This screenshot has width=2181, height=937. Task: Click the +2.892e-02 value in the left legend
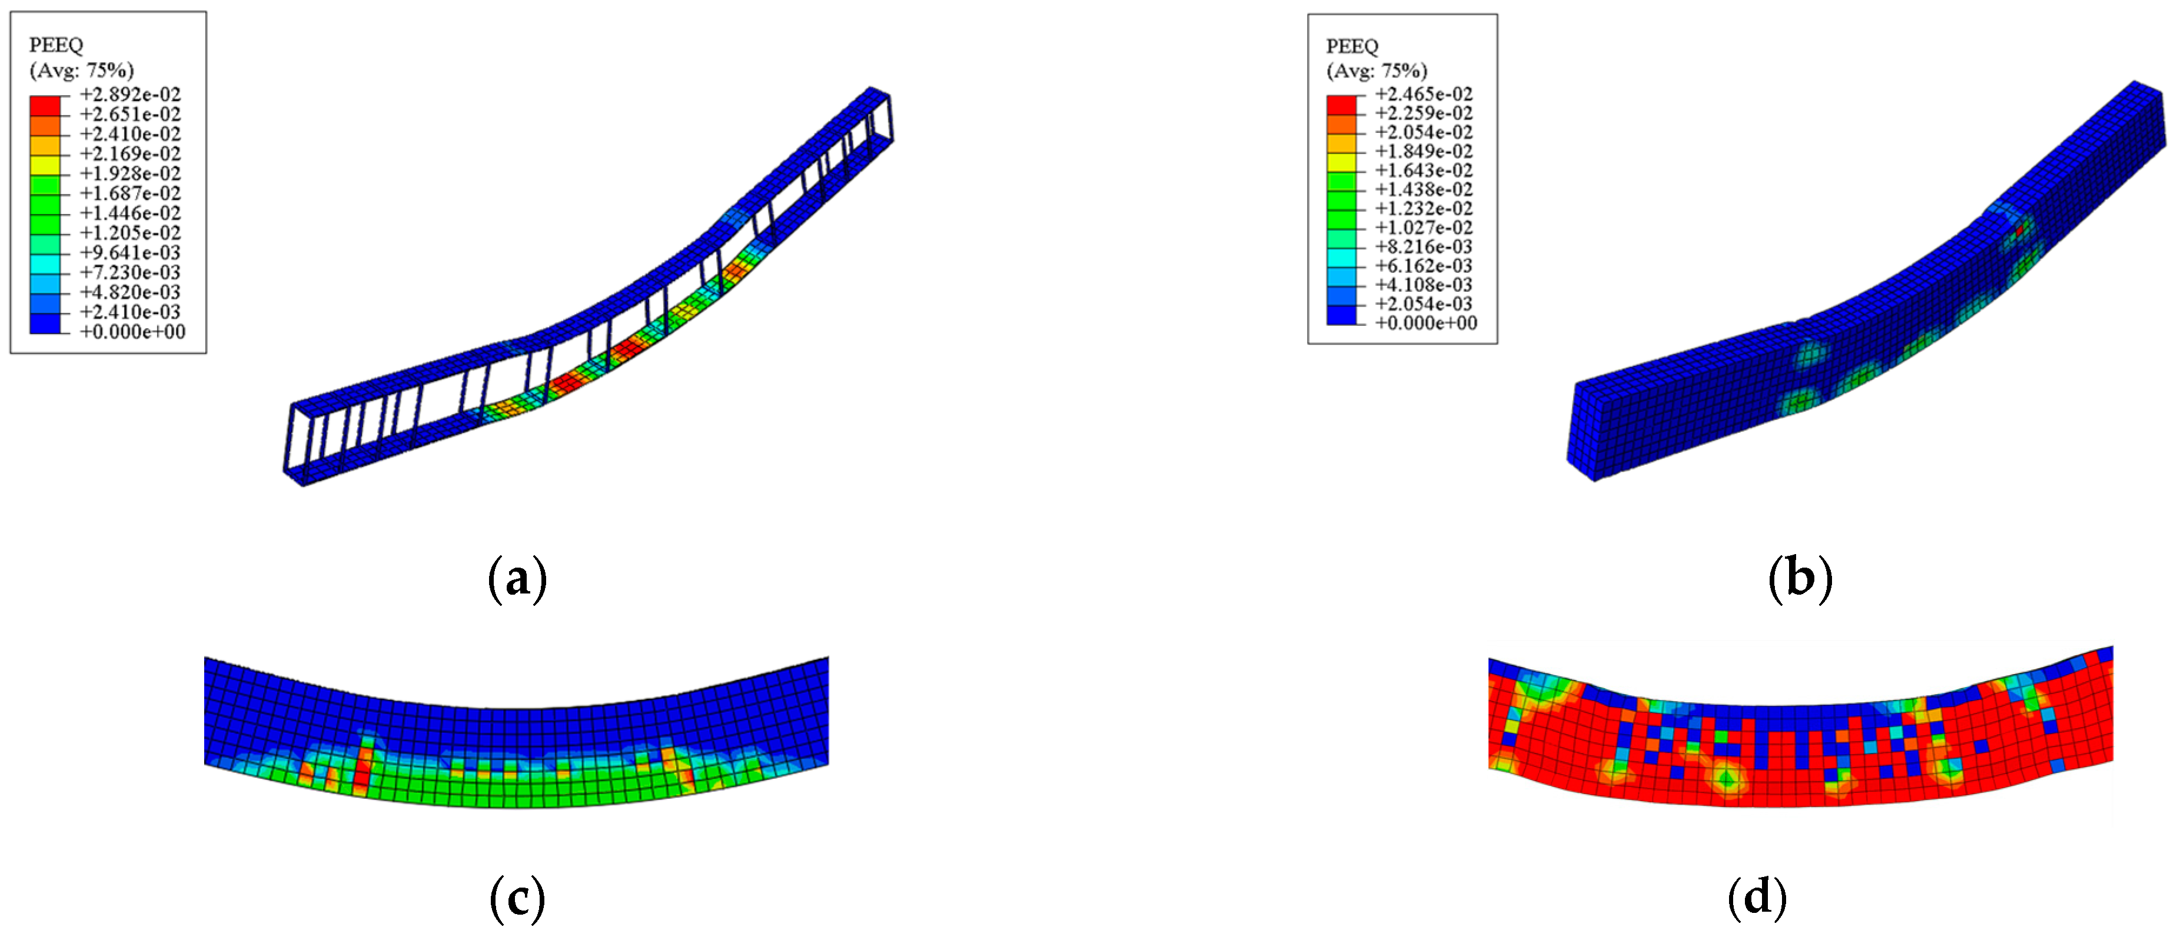pos(131,95)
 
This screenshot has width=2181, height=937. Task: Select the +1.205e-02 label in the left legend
pos(131,233)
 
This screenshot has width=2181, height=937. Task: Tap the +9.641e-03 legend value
pos(131,253)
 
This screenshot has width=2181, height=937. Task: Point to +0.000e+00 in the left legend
pos(132,332)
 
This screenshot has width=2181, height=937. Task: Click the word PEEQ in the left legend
pos(56,45)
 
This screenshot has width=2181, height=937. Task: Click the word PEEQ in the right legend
pos(1352,46)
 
